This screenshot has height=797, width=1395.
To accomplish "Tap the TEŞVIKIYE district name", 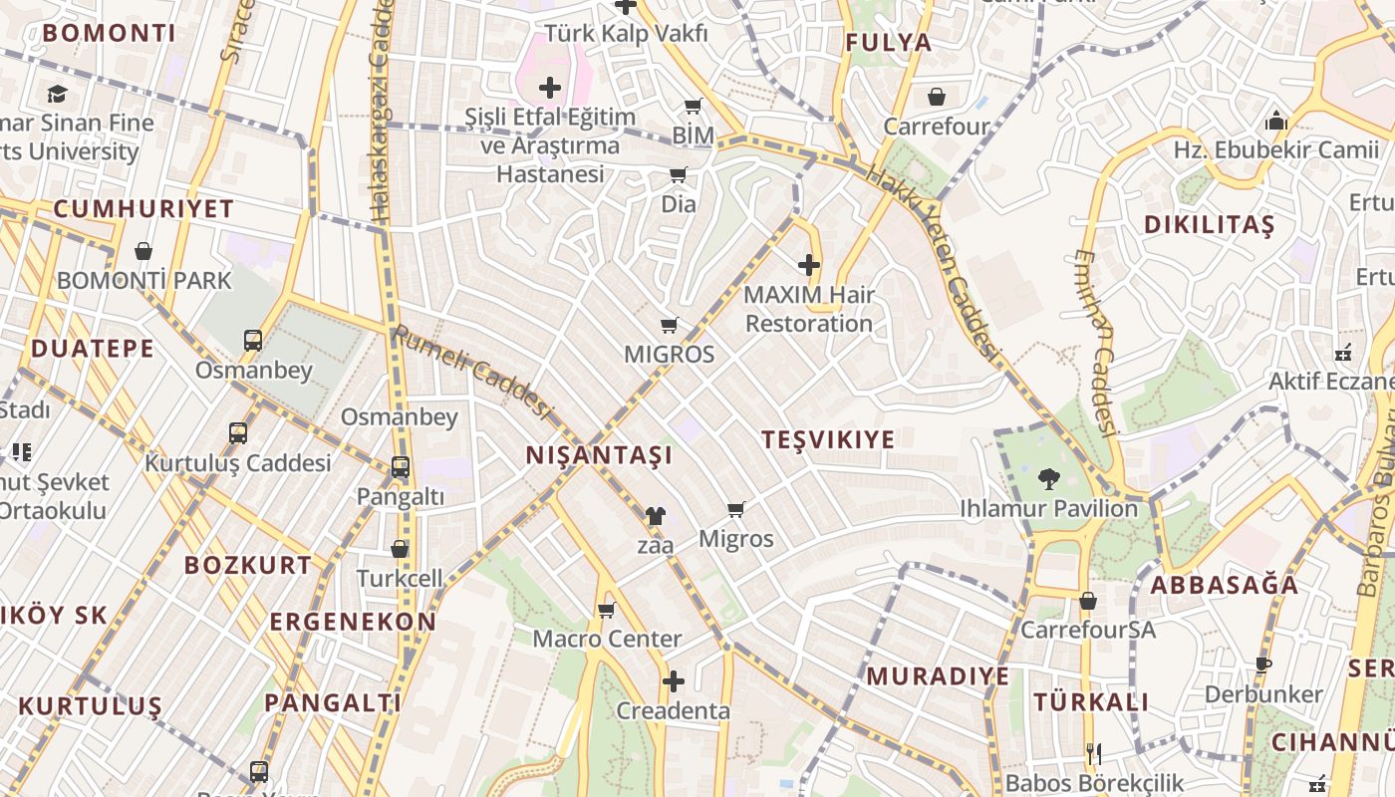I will pos(828,439).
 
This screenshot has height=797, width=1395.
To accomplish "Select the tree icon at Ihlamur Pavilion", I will pos(1048,479).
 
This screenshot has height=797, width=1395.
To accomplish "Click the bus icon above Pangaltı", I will pos(400,466).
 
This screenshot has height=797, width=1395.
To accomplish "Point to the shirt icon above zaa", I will pos(655,515).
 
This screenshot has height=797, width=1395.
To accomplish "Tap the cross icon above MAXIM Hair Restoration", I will pos(809,265).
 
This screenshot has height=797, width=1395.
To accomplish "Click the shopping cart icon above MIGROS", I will pos(670,325).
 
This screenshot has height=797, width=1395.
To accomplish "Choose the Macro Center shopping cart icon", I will pos(606,610).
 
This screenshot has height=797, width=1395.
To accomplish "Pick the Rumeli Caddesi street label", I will pos(473,372).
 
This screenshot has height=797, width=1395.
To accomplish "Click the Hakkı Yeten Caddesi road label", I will pos(933,262).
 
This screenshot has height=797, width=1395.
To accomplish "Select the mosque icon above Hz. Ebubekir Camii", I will pos(1276,123).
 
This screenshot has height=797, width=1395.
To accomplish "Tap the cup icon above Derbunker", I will pos(1263,664).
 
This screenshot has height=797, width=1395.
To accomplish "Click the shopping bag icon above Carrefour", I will pos(937,97).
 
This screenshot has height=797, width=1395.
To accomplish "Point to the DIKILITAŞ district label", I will pos(1209,225).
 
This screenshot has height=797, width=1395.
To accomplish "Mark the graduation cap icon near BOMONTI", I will pos(57,94).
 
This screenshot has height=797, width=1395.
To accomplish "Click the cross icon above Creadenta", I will pos(674,682).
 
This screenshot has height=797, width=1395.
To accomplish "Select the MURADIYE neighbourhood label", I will pos(937,676).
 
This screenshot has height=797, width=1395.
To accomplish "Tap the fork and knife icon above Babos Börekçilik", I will pos(1094,754).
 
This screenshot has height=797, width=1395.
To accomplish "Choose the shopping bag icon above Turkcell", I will pos(400,549).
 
